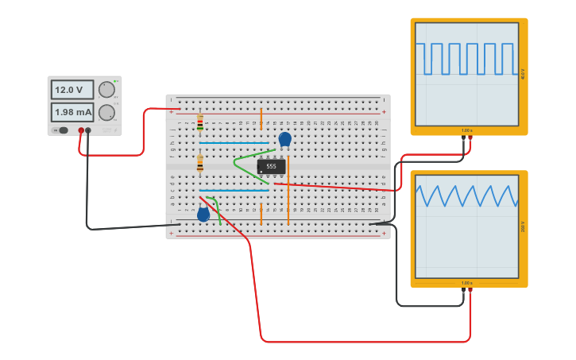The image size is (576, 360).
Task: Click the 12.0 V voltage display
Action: [x=72, y=89]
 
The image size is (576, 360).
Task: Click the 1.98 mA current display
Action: [x=72, y=112]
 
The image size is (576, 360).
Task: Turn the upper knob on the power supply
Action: [x=106, y=89]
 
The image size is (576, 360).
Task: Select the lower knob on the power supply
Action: [x=106, y=112]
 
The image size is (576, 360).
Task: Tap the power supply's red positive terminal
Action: [x=81, y=130]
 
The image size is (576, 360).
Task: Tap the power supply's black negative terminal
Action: [x=88, y=130]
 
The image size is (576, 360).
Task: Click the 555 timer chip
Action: [x=271, y=166]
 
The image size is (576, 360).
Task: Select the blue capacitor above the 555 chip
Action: [x=284, y=139]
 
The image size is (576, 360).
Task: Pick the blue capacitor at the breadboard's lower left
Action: [x=203, y=213]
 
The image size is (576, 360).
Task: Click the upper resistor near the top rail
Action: [x=199, y=122]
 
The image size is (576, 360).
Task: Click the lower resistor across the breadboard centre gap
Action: [x=199, y=164]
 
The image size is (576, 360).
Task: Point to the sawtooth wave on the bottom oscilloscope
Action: [x=466, y=195]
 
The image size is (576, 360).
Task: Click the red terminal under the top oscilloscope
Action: [x=470, y=137]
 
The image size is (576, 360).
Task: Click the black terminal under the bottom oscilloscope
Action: [x=463, y=291]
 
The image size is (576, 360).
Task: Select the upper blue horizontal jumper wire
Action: [x=234, y=144]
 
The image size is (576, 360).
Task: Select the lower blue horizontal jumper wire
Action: [x=234, y=191]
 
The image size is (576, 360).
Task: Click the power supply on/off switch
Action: [x=64, y=130]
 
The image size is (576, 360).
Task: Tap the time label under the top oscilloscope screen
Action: [x=466, y=130]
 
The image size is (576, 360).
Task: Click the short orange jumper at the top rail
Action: [x=261, y=119]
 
